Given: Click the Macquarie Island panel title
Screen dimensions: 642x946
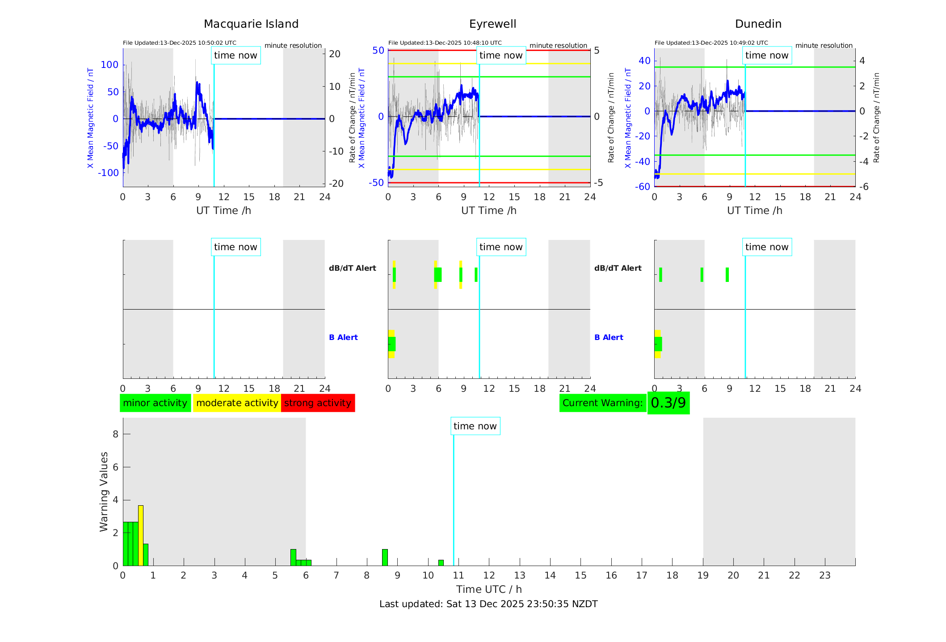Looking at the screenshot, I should (251, 24).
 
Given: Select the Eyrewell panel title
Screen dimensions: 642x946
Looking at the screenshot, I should (492, 24).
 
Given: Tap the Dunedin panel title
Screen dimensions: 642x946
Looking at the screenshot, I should (758, 24).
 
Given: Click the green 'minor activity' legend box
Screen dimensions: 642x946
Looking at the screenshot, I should (155, 403).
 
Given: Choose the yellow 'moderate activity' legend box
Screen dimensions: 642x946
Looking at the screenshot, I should (237, 403).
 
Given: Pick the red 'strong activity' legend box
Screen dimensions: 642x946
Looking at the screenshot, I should (318, 403).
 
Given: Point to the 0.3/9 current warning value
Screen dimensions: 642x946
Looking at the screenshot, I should (668, 403).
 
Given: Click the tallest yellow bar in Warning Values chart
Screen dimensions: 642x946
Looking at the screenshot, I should (141, 535).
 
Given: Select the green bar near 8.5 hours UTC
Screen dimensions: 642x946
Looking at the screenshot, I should (385, 557).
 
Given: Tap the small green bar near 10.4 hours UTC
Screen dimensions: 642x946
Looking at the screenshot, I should (441, 562).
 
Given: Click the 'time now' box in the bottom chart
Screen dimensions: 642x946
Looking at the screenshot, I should (475, 426).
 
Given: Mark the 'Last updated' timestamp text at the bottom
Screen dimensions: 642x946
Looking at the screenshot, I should (488, 604).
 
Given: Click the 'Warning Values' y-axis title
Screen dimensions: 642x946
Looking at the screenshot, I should (104, 491).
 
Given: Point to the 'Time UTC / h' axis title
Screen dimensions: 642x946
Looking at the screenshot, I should (489, 589).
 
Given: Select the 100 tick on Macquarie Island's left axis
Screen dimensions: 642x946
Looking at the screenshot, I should (109, 65).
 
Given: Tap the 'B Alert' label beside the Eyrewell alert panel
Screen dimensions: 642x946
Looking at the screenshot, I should (343, 337).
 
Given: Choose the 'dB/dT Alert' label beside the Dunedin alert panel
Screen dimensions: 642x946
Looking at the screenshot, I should (618, 268).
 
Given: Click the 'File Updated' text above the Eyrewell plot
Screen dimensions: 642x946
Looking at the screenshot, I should (445, 43).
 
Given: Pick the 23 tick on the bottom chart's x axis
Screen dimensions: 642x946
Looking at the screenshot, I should (825, 575).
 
